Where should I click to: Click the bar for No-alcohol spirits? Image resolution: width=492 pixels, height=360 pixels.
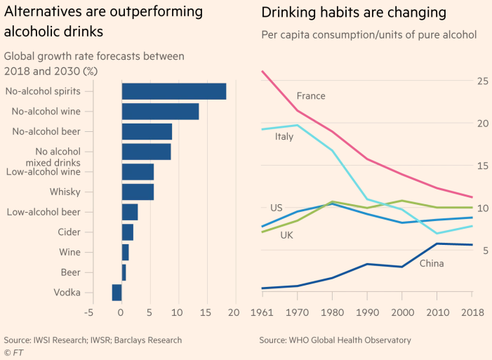click(x=174, y=91)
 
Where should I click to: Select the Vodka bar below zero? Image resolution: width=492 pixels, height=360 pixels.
click(x=117, y=293)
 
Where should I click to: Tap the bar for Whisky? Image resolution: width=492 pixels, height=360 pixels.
click(x=138, y=192)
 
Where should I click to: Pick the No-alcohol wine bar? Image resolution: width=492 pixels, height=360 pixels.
click(x=160, y=111)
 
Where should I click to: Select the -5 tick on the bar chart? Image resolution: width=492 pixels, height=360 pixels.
click(x=88, y=312)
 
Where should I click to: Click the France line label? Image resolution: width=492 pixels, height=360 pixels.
click(x=311, y=95)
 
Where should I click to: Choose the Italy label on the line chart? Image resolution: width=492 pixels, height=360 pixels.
click(x=284, y=137)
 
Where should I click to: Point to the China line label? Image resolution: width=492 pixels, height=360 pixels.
click(x=431, y=263)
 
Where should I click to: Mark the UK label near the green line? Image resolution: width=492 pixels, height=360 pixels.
click(x=286, y=235)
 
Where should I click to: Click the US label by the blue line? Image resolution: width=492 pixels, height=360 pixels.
click(x=277, y=208)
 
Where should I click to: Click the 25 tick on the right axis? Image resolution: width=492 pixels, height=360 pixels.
click(x=481, y=81)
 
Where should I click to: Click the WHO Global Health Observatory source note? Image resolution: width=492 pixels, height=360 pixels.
click(x=335, y=340)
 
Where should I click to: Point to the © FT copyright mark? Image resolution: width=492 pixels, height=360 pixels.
click(x=12, y=352)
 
